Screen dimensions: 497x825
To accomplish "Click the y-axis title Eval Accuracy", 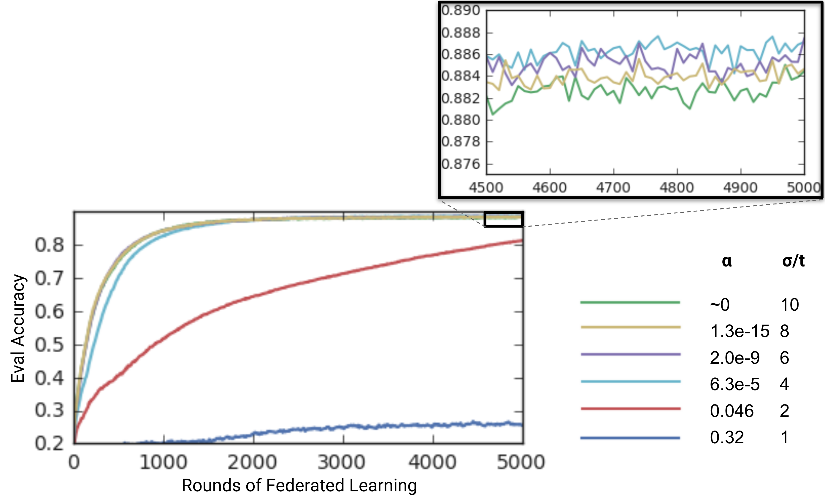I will pyautogui.click(x=18, y=328).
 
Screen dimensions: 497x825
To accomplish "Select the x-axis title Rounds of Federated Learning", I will pyautogui.click(x=299, y=485).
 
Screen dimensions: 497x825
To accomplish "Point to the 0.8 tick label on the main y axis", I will pyautogui.click(x=49, y=245).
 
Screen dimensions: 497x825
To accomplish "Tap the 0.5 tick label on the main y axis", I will pyautogui.click(x=49, y=345).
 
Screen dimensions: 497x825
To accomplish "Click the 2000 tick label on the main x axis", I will pyautogui.click(x=253, y=463).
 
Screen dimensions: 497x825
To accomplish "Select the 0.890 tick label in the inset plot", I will pyautogui.click(x=461, y=11).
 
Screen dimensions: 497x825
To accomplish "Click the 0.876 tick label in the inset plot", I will pyautogui.click(x=461, y=164).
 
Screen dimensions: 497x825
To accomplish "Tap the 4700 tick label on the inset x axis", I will pyautogui.click(x=613, y=188).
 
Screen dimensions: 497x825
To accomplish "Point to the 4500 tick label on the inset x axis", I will pyautogui.click(x=486, y=188).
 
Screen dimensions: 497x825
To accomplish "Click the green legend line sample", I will pyautogui.click(x=630, y=302).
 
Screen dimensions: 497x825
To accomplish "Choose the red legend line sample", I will pyautogui.click(x=630, y=409).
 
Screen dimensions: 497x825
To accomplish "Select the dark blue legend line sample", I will pyautogui.click(x=630, y=438).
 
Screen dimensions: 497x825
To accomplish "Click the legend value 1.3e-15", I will pyautogui.click(x=740, y=331).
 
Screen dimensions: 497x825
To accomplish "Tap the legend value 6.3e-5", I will pyautogui.click(x=734, y=384).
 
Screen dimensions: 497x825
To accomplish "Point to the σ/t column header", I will pyautogui.click(x=793, y=261).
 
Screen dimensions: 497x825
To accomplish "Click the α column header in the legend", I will pyautogui.click(x=726, y=261).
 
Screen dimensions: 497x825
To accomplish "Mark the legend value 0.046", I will pyautogui.click(x=732, y=411).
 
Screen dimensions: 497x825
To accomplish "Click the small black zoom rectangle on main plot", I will pyautogui.click(x=504, y=219).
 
